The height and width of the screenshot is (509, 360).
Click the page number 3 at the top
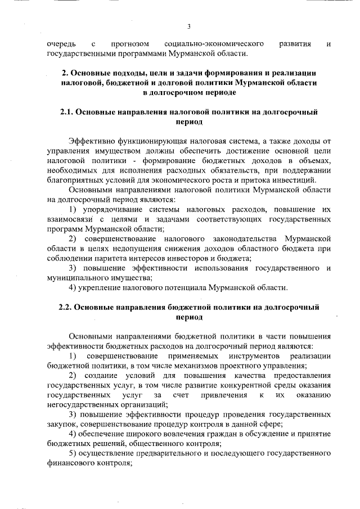[x=189, y=26]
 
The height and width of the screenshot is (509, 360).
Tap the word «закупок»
[x=62, y=424]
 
